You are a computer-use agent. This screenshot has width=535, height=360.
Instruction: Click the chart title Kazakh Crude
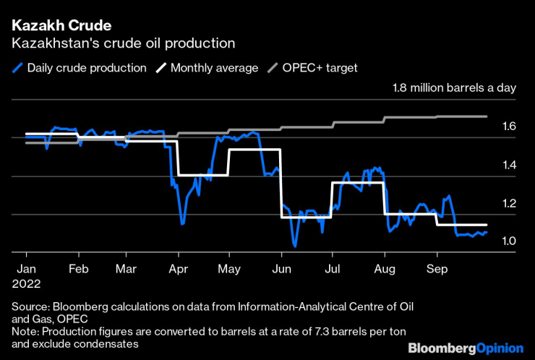pyautogui.click(x=61, y=26)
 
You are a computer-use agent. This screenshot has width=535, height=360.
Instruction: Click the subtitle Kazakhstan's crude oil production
pyautogui.click(x=123, y=43)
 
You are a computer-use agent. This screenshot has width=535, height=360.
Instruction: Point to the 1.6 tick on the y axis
pyautogui.click(x=509, y=127)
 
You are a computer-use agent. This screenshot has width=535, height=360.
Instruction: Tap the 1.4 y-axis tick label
pyautogui.click(x=509, y=165)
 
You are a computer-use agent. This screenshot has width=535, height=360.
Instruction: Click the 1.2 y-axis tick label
pyautogui.click(x=509, y=203)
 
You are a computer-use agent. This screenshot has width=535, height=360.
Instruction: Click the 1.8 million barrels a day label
pyautogui.click(x=454, y=88)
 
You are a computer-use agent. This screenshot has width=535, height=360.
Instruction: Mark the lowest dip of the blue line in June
pyautogui.click(x=295, y=247)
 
